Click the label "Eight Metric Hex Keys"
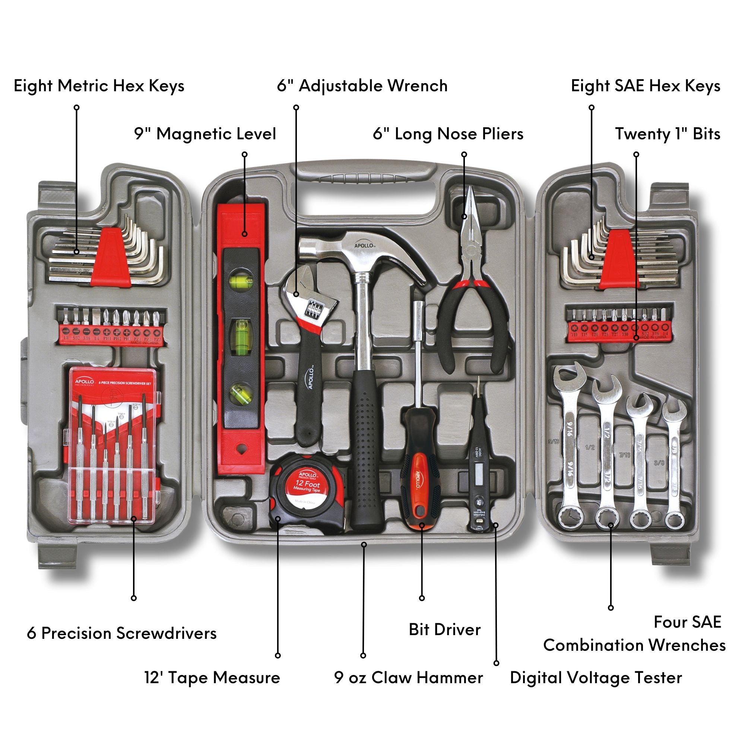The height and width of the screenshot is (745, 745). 99,86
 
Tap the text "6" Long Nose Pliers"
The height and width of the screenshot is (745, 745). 448,134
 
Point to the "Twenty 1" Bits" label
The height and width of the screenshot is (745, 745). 668,134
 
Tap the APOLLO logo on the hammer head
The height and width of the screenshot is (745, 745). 364,245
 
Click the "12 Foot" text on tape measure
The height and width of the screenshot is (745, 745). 307,484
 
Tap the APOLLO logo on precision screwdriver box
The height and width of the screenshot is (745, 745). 85,382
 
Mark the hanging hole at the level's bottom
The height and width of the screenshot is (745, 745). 242,448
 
